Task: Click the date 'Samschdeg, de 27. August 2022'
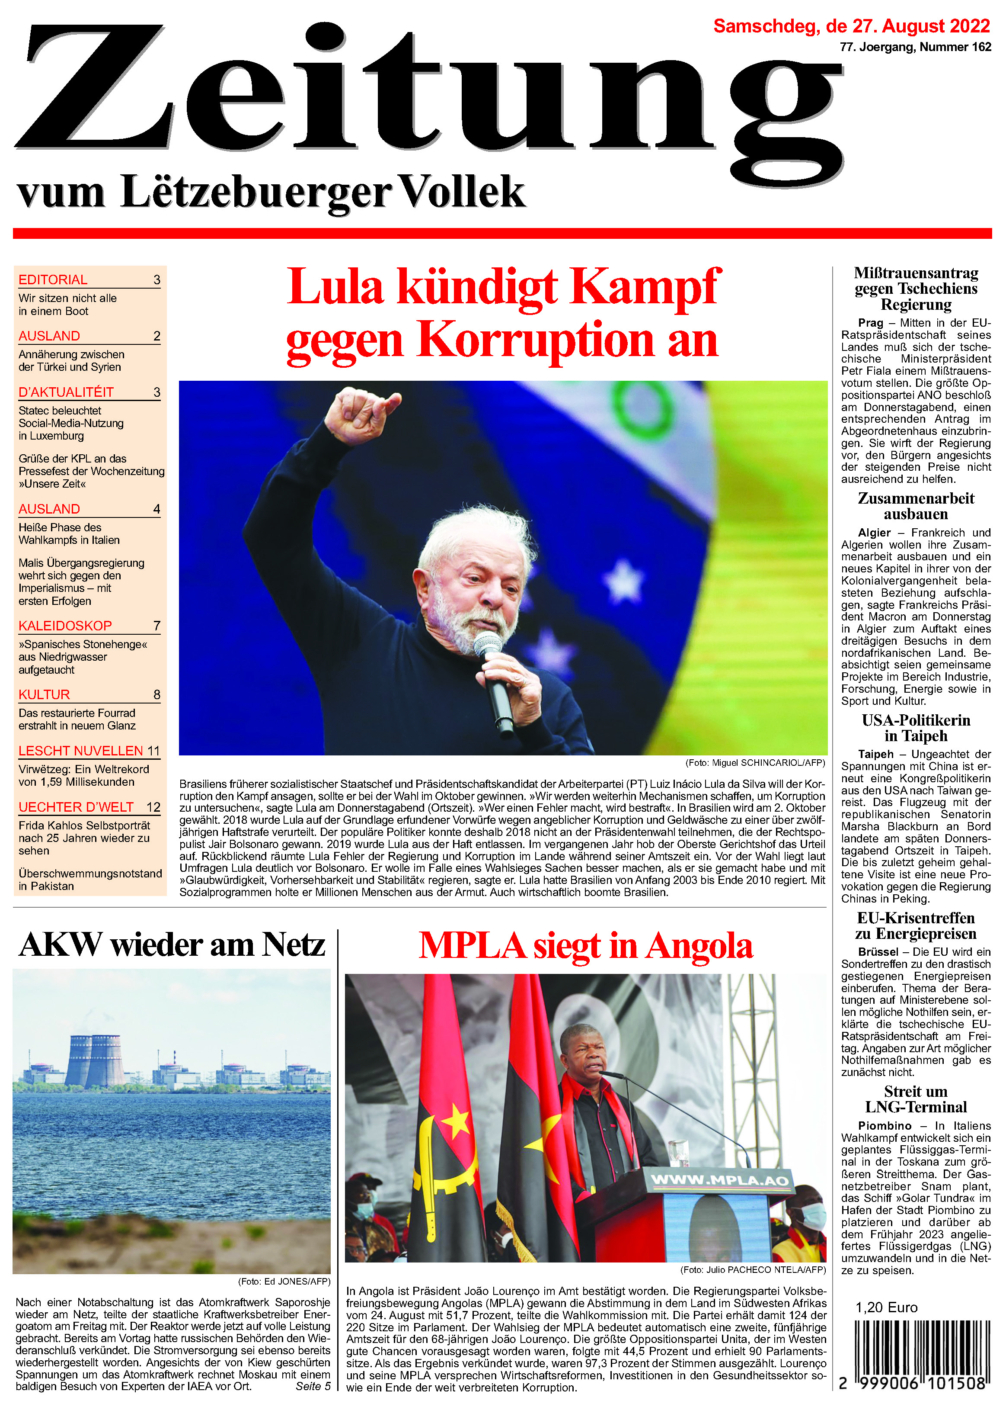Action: coord(851,26)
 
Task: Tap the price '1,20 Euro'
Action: coord(886,1307)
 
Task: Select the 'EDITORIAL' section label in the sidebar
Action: coord(53,279)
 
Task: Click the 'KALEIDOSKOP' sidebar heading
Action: coord(65,626)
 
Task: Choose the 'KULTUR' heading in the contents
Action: coord(44,694)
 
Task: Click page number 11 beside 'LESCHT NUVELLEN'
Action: coord(153,751)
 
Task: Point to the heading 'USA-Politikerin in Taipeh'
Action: coord(916,728)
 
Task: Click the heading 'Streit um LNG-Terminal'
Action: coord(916,1099)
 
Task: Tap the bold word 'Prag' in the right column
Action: coord(870,323)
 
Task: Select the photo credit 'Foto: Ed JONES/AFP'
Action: coord(284,1281)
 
